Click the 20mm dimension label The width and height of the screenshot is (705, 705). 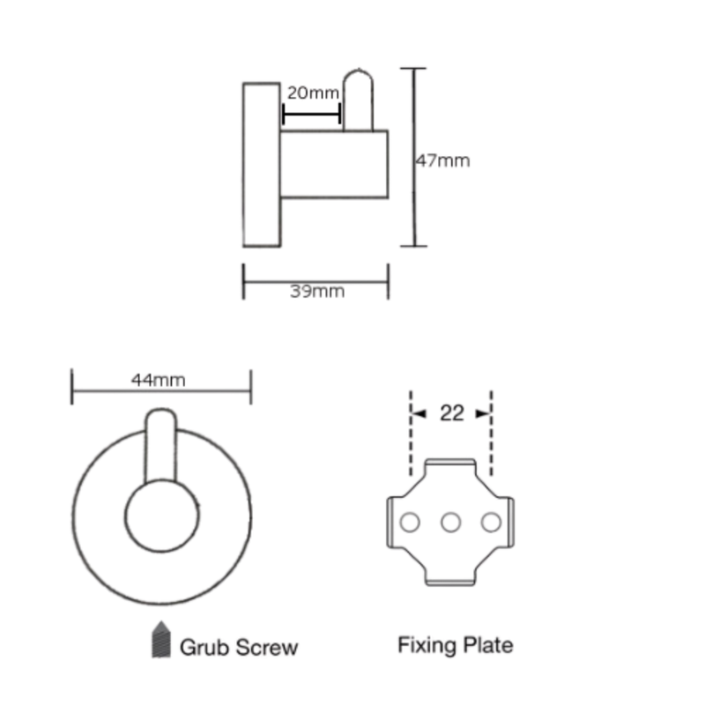[313, 93]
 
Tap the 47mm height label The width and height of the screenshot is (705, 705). [443, 160]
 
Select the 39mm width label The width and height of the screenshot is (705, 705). [317, 292]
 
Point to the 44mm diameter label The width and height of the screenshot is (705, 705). [159, 381]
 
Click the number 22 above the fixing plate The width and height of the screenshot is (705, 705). [451, 413]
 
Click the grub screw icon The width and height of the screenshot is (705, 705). [161, 640]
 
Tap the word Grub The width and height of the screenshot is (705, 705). [204, 648]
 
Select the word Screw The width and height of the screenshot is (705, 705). [266, 648]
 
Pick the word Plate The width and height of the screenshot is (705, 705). [488, 645]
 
